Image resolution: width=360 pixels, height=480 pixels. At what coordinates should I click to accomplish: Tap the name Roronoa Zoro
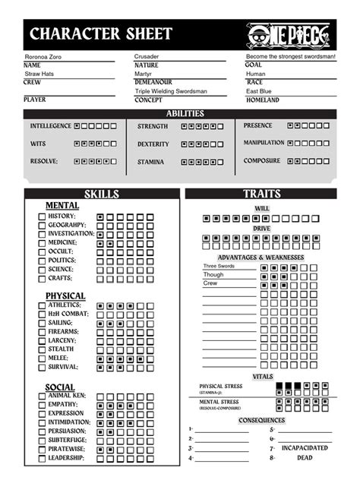(x=47, y=57)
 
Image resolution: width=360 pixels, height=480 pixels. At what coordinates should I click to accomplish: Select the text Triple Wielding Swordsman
(x=170, y=91)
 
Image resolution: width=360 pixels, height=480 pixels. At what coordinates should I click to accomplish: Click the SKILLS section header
(x=101, y=194)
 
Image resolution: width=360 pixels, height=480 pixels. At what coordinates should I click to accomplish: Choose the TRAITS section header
(x=261, y=194)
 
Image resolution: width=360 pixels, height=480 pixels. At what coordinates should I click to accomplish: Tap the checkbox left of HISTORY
(x=43, y=216)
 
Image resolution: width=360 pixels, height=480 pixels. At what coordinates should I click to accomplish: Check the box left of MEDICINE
(x=43, y=243)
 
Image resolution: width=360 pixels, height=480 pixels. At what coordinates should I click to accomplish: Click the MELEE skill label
(x=58, y=358)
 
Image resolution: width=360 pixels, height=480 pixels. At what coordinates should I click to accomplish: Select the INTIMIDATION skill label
(x=68, y=422)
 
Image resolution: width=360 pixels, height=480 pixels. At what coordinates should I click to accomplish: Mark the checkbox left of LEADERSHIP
(x=43, y=458)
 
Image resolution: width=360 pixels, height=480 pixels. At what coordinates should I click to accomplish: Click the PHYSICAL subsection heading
(x=65, y=296)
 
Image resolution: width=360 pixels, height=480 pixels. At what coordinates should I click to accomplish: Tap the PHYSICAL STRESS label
(x=221, y=386)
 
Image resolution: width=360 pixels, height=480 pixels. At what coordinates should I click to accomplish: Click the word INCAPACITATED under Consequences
(x=305, y=448)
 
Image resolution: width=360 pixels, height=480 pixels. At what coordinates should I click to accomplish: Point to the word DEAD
(x=305, y=458)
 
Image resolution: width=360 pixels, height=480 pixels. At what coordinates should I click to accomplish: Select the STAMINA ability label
(x=150, y=162)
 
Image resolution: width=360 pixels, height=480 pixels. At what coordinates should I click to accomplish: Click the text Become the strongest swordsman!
(x=290, y=57)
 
